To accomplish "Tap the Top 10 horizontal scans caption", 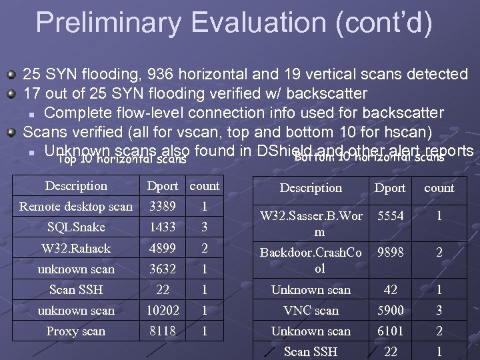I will click(122, 159).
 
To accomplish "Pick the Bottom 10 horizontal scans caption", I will click(369, 157).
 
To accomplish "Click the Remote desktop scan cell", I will click(75, 207).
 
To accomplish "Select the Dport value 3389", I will click(163, 207).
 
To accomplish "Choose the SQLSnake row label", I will click(75, 227).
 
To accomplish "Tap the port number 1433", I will click(163, 227).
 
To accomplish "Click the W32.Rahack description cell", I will click(75, 248).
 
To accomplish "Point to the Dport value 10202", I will click(163, 310).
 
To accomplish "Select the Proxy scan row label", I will click(75, 331).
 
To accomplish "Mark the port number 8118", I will click(163, 331).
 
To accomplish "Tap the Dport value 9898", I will click(390, 253).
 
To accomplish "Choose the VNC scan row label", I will click(311, 310).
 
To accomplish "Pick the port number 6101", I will click(390, 331).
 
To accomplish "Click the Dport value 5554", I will click(390, 217).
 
